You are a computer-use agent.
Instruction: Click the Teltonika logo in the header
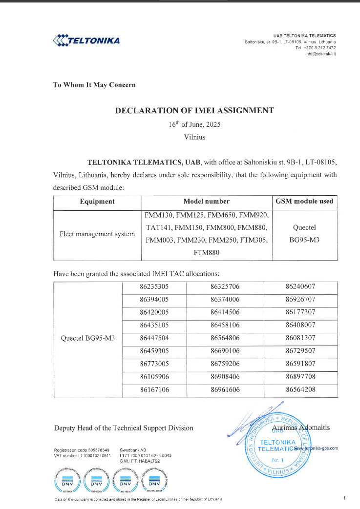(85, 40)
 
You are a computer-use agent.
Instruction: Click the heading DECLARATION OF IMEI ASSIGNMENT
(194, 110)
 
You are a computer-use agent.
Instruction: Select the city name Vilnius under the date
(194, 137)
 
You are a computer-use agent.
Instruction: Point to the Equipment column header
(97, 201)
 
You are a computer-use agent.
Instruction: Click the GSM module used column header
(304, 201)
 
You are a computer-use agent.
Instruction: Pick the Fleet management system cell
(97, 234)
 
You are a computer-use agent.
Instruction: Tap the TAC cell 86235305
(154, 287)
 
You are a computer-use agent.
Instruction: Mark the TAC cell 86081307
(300, 337)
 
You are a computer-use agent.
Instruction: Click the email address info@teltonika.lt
(320, 54)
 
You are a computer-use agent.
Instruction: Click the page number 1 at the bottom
(344, 498)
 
